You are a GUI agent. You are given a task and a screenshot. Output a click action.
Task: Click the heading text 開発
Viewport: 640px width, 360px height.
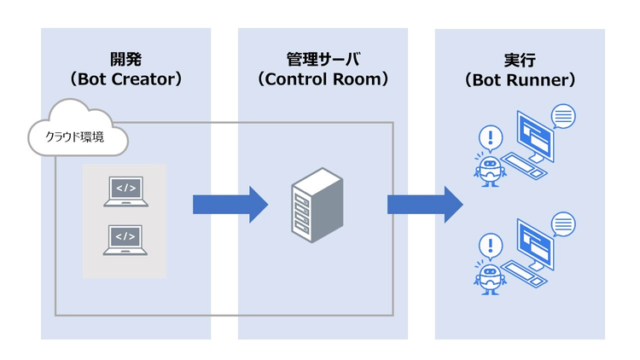coord(125,60)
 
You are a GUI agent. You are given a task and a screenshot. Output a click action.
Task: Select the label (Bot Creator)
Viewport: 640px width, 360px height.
coord(125,80)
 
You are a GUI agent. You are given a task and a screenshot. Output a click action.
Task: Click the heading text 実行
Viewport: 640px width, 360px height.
coord(520,60)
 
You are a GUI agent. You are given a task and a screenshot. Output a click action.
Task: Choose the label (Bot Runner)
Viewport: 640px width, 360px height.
coord(520,80)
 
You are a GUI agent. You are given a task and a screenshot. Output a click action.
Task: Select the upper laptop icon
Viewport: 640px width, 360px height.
coord(125,191)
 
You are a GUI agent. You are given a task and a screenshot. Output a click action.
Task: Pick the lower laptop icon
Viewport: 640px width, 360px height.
coord(125,240)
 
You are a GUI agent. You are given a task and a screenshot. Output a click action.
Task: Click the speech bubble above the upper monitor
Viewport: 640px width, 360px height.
coord(563,114)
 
